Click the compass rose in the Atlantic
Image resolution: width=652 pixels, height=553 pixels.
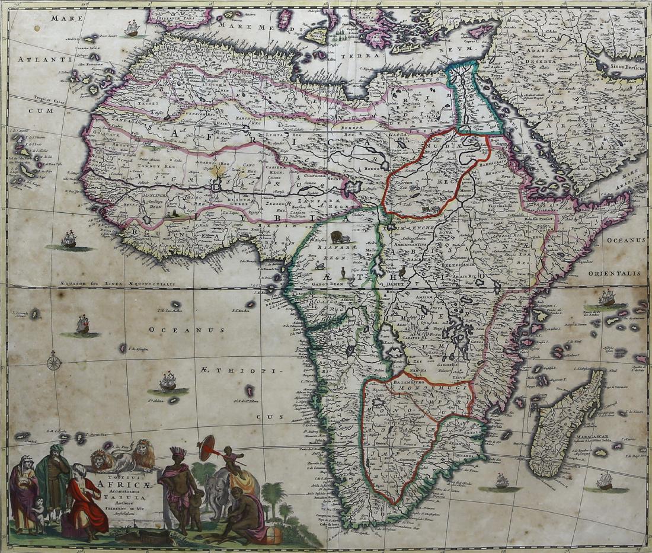coord(54,361)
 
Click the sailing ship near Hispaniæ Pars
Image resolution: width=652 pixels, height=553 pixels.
coord(132,27)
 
